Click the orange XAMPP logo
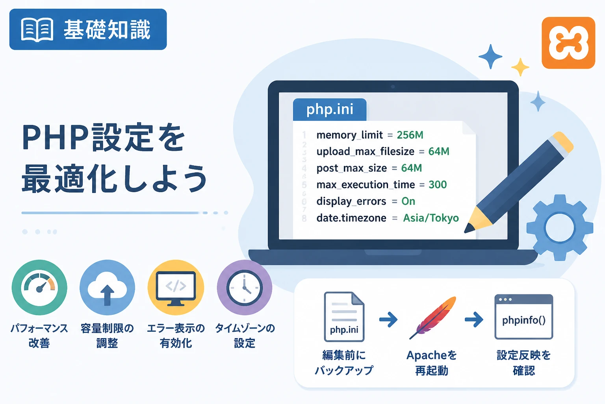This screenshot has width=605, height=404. (568, 43)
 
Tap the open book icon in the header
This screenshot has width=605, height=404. (37, 30)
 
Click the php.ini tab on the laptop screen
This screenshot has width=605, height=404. (330, 109)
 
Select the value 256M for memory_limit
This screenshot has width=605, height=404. (410, 135)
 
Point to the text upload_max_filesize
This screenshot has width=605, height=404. (365, 151)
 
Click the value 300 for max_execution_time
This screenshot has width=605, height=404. (438, 185)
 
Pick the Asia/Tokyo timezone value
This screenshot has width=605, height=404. (431, 218)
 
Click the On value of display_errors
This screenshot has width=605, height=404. (408, 201)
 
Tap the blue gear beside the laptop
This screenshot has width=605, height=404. (560, 228)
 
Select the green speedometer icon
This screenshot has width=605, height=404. (39, 287)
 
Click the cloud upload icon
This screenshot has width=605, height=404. (107, 287)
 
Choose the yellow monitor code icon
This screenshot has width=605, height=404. (176, 287)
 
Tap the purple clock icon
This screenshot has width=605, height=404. (245, 287)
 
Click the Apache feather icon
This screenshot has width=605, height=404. (432, 318)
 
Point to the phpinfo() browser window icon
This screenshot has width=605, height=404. (524, 317)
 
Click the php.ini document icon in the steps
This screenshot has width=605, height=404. (344, 316)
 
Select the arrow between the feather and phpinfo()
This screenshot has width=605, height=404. (474, 320)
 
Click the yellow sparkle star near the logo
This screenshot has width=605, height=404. (520, 67)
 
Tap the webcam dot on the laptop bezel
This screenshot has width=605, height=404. (393, 86)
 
